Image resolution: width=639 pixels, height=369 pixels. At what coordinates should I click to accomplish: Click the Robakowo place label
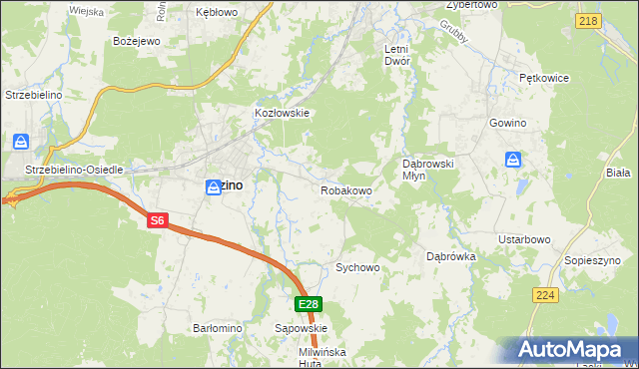(x=346, y=189)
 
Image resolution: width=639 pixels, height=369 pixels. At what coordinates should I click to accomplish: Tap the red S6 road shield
(x=157, y=221)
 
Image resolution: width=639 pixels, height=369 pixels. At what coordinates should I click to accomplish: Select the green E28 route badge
(x=308, y=304)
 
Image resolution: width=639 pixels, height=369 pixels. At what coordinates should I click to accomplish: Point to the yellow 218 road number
(x=588, y=20)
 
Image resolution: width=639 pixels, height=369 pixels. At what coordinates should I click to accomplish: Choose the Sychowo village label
(x=358, y=267)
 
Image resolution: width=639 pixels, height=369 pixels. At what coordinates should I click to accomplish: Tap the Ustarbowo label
(x=525, y=239)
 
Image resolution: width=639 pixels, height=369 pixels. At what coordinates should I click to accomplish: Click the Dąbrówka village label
(x=451, y=255)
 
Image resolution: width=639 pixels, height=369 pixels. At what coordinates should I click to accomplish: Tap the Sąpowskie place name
(x=301, y=327)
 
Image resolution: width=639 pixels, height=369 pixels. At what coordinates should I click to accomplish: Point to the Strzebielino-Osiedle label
(x=80, y=170)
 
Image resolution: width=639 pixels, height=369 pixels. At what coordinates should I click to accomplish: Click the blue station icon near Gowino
(x=512, y=159)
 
